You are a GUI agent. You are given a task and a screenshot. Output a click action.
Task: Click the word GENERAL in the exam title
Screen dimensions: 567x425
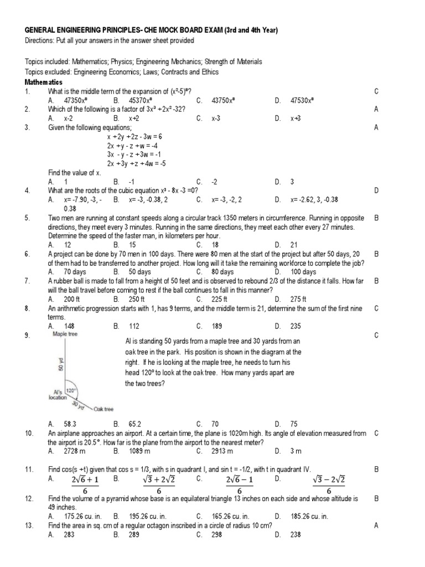point(42,30)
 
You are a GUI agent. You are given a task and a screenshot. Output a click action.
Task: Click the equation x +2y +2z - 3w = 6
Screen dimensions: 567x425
point(134,136)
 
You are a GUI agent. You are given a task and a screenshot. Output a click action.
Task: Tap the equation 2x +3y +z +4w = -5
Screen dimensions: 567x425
point(137,163)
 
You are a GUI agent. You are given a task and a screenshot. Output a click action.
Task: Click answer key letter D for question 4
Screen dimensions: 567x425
point(376,190)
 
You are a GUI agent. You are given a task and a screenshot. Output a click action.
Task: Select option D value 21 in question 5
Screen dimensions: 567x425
point(294,245)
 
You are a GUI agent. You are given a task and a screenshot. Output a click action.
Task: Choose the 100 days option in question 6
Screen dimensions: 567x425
point(303,272)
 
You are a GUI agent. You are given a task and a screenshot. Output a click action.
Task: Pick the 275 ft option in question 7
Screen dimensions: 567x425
point(299,299)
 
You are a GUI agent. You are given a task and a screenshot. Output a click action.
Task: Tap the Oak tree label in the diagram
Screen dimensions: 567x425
point(103,409)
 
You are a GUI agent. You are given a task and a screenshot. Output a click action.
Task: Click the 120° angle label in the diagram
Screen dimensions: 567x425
point(71,390)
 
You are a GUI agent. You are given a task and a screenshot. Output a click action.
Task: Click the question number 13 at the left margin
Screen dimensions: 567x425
point(29,525)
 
